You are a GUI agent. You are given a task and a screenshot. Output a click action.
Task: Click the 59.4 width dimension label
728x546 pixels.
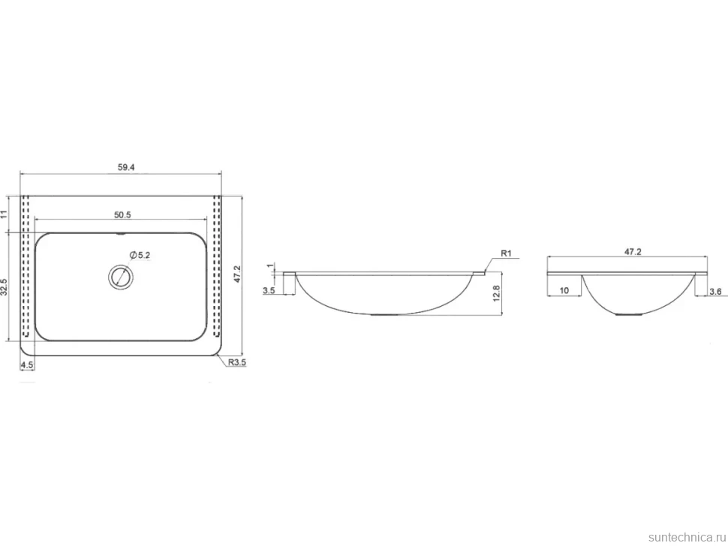(x=126, y=167)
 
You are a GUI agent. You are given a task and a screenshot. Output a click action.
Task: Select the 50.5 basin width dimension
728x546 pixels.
(x=123, y=214)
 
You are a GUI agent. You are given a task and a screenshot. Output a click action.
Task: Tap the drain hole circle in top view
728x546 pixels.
(x=121, y=277)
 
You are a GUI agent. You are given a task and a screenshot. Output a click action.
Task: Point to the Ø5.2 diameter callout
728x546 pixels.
(x=140, y=255)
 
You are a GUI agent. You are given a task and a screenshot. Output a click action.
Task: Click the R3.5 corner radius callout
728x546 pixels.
(x=236, y=362)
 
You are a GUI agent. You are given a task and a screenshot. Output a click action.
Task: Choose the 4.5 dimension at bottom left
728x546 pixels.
(x=27, y=365)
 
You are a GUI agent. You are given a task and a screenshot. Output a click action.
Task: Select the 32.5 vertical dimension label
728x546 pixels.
(x=5, y=287)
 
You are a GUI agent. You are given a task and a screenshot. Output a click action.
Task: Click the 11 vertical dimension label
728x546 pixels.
(x=5, y=214)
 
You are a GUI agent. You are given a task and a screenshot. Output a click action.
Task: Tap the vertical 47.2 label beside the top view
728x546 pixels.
(x=236, y=274)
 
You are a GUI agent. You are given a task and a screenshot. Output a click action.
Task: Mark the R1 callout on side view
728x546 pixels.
(x=506, y=253)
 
